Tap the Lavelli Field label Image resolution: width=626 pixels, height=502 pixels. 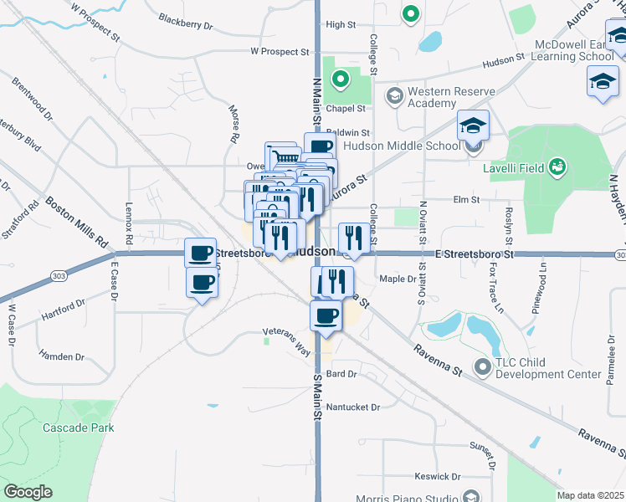click(513, 167)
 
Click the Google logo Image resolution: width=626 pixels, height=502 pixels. click(28, 491)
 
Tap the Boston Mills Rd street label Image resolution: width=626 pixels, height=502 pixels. click(78, 221)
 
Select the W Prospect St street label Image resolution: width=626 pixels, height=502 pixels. click(280, 52)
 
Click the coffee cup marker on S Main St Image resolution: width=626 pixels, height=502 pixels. click(325, 315)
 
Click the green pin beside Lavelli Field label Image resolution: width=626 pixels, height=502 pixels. click(557, 167)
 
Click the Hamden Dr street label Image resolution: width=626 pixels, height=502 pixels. click(62, 356)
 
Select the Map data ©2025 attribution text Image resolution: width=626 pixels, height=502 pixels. click(590, 495)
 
